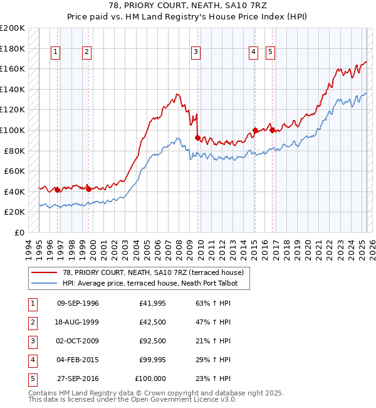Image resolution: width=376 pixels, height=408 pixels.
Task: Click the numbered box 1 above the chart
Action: (56, 52)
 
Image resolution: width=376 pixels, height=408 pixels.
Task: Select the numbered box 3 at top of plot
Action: (196, 52)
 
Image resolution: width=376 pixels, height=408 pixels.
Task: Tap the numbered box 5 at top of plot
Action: (271, 52)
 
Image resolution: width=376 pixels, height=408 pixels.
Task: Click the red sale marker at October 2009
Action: (197, 137)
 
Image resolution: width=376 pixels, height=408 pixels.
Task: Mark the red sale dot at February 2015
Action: (255, 130)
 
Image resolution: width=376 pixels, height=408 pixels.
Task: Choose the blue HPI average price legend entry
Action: (155, 283)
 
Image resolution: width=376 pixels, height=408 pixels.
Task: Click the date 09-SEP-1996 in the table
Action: (78, 303)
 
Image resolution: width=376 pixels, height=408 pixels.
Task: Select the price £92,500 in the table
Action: (153, 341)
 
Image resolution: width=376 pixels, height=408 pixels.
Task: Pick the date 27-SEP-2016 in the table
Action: (78, 378)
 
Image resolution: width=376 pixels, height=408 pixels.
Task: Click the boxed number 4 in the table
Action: (31, 360)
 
